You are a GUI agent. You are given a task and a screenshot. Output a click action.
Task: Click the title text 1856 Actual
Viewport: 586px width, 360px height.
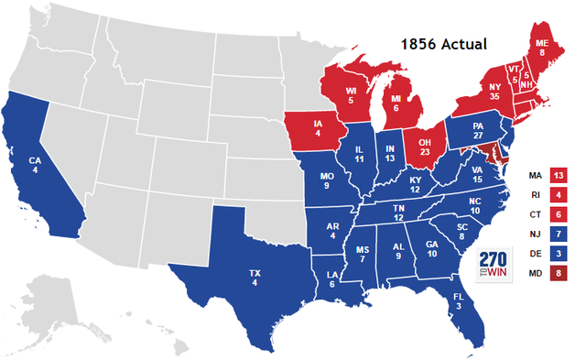pyautogui.click(x=449, y=44)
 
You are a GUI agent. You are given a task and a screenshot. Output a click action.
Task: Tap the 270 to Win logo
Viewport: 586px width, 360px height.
pyautogui.click(x=493, y=263)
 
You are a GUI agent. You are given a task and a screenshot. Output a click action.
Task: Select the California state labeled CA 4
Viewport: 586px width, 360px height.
pyautogui.click(x=36, y=168)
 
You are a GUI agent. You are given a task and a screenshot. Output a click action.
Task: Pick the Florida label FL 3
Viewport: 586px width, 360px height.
pyautogui.click(x=458, y=303)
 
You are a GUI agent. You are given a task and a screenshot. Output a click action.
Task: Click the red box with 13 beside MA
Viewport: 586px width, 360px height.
pyautogui.click(x=558, y=175)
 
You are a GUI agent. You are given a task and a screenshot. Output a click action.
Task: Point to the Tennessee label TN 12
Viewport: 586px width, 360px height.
pyautogui.click(x=400, y=213)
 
